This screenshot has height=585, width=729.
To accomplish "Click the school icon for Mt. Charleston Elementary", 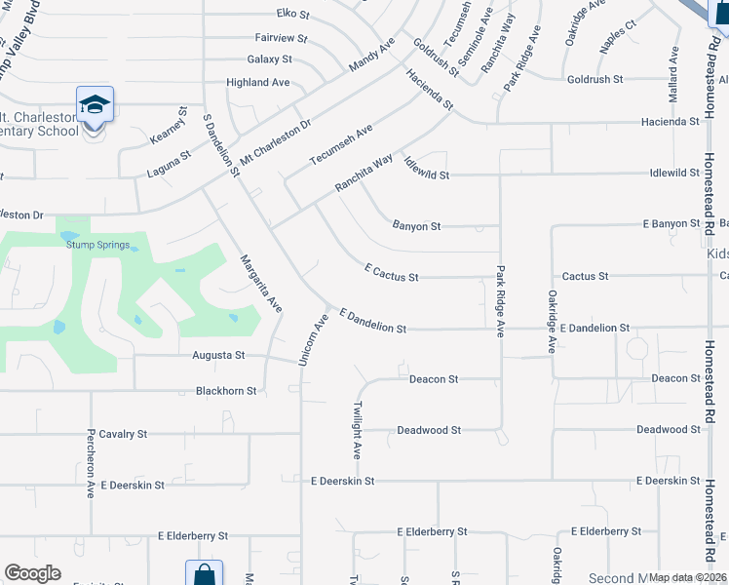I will [96, 104].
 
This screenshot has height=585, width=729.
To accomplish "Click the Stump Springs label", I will [97, 245].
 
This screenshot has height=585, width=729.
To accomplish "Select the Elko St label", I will [292, 15].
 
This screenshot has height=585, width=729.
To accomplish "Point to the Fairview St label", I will [281, 38].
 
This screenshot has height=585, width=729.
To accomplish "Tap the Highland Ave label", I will [257, 83].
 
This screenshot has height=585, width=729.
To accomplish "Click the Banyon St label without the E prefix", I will [416, 226].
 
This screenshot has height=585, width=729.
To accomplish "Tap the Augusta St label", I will [218, 356].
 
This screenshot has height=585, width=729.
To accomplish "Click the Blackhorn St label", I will [226, 391].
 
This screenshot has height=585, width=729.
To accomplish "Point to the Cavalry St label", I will [122, 433].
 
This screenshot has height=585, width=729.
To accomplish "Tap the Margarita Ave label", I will [261, 284].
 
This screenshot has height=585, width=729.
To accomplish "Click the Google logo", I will [32, 573].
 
